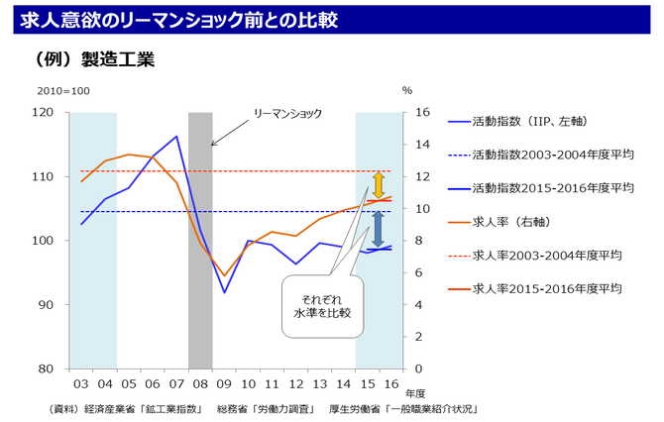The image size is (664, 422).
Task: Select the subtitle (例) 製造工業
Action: (x=94, y=59)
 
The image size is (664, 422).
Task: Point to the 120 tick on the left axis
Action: (x=43, y=112)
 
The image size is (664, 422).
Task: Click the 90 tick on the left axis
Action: (x=47, y=305)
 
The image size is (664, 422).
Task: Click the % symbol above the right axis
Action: (x=406, y=91)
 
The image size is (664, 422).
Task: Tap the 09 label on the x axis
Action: (x=223, y=383)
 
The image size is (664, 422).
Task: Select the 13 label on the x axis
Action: (x=319, y=383)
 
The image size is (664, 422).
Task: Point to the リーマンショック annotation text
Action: (x=288, y=114)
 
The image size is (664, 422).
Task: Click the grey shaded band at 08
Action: (x=200, y=238)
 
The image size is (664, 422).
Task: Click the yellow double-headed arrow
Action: (x=378, y=185)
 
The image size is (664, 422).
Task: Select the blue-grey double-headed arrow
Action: (x=378, y=230)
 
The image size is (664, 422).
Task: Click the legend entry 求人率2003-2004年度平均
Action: (x=546, y=255)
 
